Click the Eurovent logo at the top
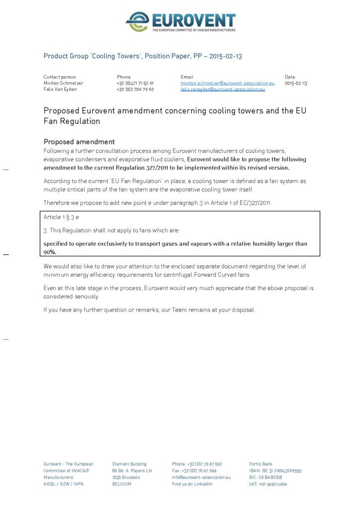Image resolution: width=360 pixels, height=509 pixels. click(x=180, y=22)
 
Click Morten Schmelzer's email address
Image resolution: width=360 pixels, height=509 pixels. click(x=227, y=84)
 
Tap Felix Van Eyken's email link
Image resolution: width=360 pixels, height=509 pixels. click(x=222, y=89)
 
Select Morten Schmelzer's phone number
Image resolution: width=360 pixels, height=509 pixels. click(x=135, y=84)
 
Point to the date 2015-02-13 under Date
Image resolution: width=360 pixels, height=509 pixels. click(x=296, y=84)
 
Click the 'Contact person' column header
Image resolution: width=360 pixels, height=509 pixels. click(x=60, y=77)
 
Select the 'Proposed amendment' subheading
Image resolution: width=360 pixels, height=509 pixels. click(x=79, y=142)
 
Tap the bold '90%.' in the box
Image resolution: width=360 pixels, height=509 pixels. click(x=50, y=252)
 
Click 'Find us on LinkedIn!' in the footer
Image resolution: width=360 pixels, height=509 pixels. click(x=192, y=484)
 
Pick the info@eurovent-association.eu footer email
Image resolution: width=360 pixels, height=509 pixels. click(x=201, y=477)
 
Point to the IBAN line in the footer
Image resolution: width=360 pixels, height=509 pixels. click(x=275, y=471)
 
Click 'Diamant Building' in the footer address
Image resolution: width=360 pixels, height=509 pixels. click(x=129, y=464)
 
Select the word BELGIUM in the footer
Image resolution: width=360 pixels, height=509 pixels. click(x=122, y=484)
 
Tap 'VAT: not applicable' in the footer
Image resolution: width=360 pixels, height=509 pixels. click(x=268, y=484)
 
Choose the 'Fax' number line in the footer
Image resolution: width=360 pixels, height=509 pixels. click(x=194, y=471)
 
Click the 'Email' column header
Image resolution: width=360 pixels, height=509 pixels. click(x=186, y=77)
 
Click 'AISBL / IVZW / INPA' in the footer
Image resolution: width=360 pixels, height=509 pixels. click(x=63, y=484)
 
